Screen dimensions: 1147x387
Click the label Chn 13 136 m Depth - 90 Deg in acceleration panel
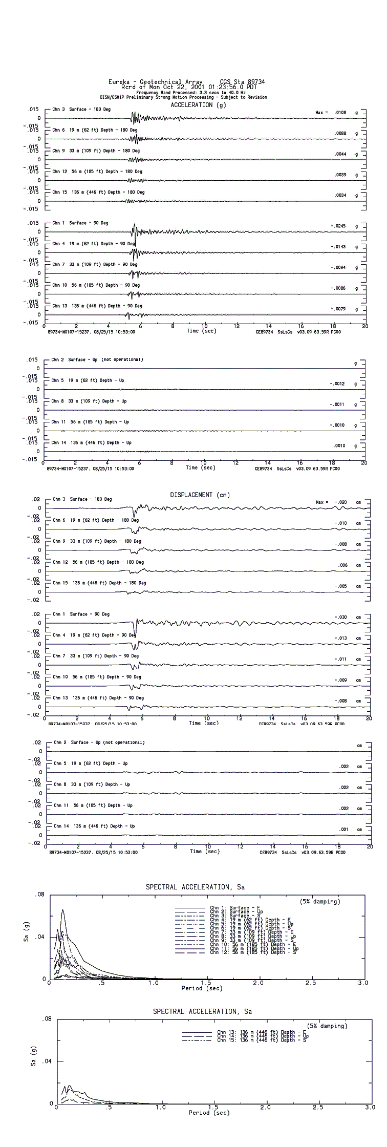(97, 306)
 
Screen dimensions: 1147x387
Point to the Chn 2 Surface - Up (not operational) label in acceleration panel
(97, 359)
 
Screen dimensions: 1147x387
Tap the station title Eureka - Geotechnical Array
(145, 82)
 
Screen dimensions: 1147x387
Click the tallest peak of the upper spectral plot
(62, 910)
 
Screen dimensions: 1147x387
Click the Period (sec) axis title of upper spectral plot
(202, 988)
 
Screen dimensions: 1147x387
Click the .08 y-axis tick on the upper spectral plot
(39, 895)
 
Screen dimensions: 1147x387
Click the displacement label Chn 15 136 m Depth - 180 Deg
(99, 583)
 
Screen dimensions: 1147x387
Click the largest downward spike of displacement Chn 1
(135, 633)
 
